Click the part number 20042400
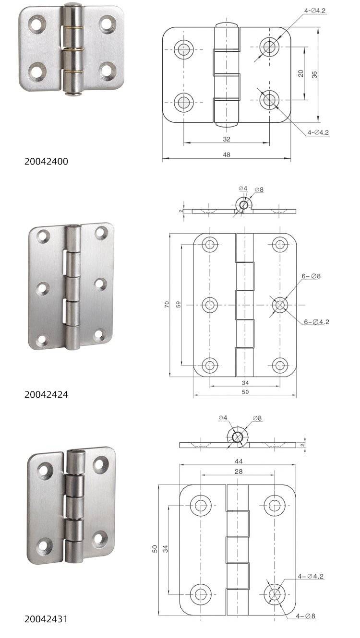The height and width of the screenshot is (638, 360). click(x=46, y=162)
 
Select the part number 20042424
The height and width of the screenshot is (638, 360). click(x=46, y=394)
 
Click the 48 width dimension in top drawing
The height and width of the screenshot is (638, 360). click(x=227, y=154)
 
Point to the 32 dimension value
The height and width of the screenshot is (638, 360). click(x=227, y=139)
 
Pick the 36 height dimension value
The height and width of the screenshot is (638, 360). click(x=314, y=75)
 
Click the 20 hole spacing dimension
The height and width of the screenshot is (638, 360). click(x=301, y=73)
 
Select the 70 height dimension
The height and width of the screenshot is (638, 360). click(x=167, y=304)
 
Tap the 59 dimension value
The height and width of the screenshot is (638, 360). click(x=179, y=304)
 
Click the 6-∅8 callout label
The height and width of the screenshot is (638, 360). click(x=311, y=276)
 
